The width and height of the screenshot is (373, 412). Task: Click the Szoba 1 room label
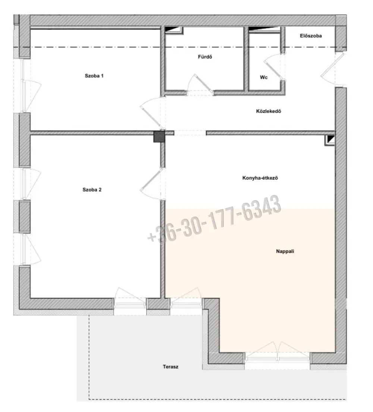94,76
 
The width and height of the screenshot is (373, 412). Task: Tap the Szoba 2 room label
92,190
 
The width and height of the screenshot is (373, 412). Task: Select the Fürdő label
205,57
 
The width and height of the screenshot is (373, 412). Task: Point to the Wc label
264,77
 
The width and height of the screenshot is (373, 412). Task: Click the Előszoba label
311,36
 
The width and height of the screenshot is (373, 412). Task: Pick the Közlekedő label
269,111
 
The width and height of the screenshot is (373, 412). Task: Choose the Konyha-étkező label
260,178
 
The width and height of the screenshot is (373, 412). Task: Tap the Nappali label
285,251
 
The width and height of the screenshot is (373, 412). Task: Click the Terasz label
170,367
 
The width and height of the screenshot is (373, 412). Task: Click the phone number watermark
214,219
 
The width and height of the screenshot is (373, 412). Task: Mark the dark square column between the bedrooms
159,136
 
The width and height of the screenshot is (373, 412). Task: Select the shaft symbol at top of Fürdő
174,30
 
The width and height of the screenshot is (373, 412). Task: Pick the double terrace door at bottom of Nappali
277,352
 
